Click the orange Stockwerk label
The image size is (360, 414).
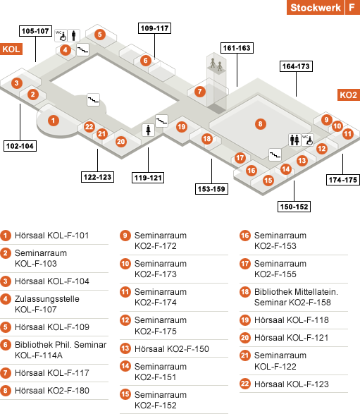pos(316,7)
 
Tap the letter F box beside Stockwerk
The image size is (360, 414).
pos(353,7)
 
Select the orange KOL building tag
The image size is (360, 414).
pos(11,49)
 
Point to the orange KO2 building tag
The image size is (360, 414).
pos(349,95)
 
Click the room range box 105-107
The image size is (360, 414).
pos(35,31)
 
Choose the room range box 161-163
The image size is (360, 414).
pos(237,48)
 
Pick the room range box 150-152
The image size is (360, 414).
pos(294,207)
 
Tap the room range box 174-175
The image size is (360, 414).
pos(343,180)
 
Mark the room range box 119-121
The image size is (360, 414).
pos(148,178)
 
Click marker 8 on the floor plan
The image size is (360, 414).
pos(260,124)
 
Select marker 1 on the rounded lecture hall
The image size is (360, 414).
pos(54,121)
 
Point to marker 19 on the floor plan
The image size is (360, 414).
pos(182,127)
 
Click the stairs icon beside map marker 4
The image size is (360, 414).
pos(82,49)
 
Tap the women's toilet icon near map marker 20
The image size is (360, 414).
pos(148,130)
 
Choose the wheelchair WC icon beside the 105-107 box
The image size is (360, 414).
pos(61,36)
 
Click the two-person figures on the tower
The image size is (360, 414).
pos(216,65)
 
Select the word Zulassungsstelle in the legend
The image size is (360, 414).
pos(47,299)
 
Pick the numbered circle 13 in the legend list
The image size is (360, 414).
pos(125,348)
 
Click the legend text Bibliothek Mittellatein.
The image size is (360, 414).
pos(296,292)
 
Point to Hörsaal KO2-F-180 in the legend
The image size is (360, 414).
pos(52,391)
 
